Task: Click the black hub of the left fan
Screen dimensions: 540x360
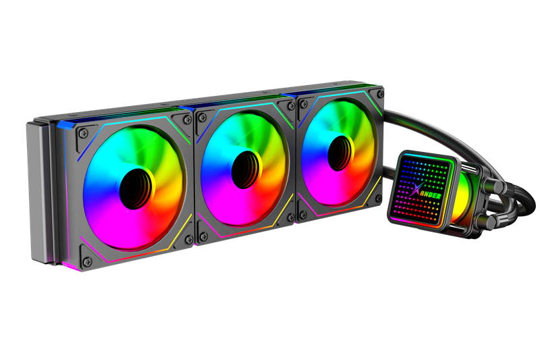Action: coord(137,188)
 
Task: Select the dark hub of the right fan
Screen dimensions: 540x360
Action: coord(341,153)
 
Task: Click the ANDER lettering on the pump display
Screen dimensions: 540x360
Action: coord(430,196)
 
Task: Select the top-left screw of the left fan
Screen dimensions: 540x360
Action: coord(84,133)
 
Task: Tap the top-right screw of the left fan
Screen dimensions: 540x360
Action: coord(188,120)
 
